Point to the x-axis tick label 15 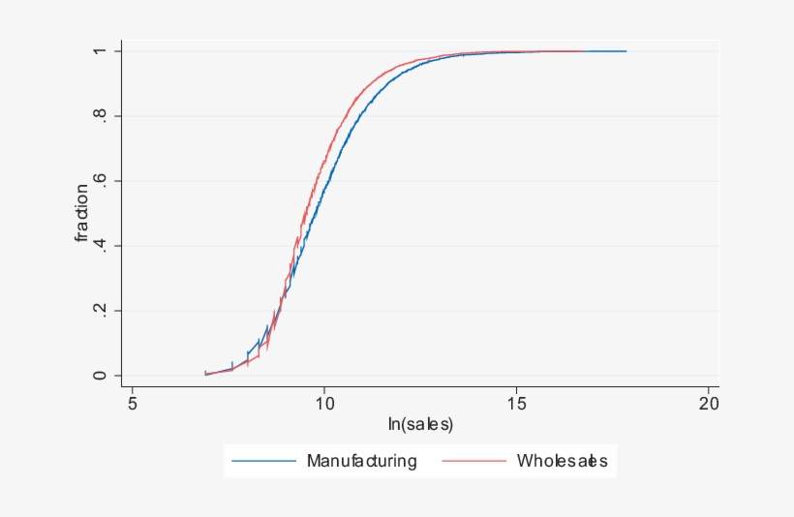point(516,403)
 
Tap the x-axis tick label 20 point(709,403)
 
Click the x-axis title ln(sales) point(420,424)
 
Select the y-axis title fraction point(82,213)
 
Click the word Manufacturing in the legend point(362,461)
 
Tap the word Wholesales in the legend point(562,461)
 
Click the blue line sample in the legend point(264,461)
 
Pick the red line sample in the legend point(474,461)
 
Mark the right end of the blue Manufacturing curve point(626,51)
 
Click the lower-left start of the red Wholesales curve point(205,374)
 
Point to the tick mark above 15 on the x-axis point(516,387)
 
